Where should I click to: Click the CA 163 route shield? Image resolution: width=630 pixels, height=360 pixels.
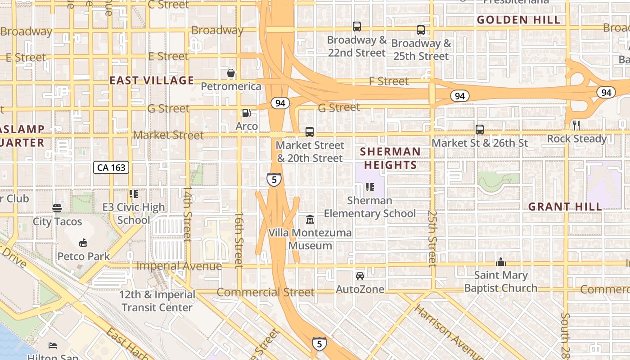[111, 168]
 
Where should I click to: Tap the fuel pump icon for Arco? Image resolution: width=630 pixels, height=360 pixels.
[247, 113]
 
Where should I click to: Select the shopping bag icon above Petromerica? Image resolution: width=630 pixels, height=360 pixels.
[231, 73]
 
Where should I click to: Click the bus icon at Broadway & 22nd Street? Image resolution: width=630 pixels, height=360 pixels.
[357, 27]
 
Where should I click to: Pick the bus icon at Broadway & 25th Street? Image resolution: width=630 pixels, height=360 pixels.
[421, 30]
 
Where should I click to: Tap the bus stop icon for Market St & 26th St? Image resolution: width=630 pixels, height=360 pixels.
[480, 130]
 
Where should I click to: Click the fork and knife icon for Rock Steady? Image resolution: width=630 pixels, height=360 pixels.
[576, 125]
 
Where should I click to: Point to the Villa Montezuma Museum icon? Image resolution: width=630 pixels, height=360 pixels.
[310, 220]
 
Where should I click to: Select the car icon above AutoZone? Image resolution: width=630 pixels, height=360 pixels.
[360, 275]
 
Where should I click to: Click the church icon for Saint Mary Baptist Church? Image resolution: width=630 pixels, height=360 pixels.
[501, 262]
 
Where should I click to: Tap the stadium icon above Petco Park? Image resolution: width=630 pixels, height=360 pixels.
[83, 243]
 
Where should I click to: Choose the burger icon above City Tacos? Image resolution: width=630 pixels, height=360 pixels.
[57, 208]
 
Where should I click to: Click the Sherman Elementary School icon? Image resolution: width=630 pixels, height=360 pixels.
[370, 187]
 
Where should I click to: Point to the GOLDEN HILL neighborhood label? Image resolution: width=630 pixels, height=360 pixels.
[518, 20]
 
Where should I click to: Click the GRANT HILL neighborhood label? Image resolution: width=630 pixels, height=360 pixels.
[565, 207]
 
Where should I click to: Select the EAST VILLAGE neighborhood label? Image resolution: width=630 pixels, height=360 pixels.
[152, 81]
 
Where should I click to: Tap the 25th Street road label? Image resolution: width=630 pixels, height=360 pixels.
[432, 238]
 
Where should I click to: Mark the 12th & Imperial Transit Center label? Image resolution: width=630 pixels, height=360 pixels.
[157, 301]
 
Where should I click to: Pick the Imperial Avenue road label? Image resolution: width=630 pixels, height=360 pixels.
[179, 266]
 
